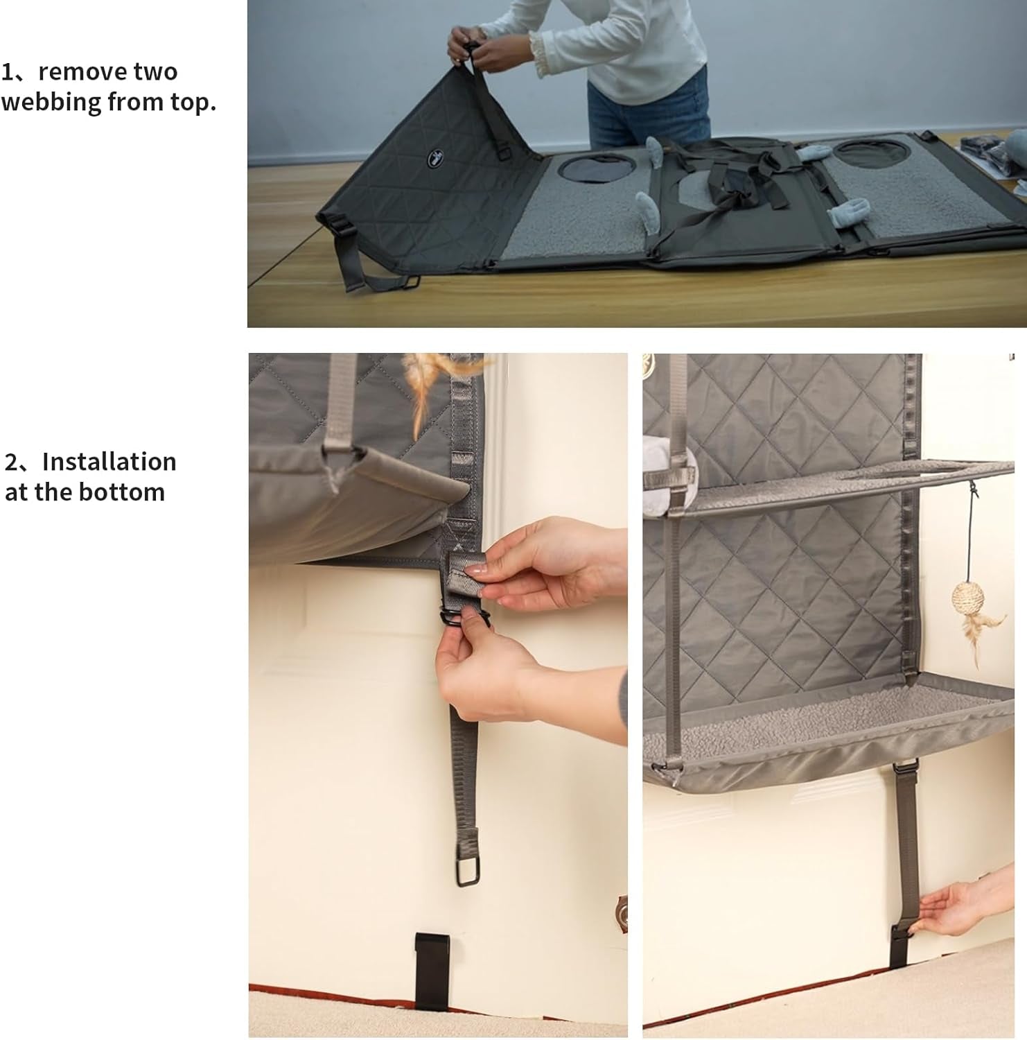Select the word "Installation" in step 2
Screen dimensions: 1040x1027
click(x=109, y=462)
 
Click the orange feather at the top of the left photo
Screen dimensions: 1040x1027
click(x=423, y=388)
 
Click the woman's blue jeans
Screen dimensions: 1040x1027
click(x=648, y=111)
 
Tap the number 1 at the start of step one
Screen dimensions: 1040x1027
click(x=8, y=72)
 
